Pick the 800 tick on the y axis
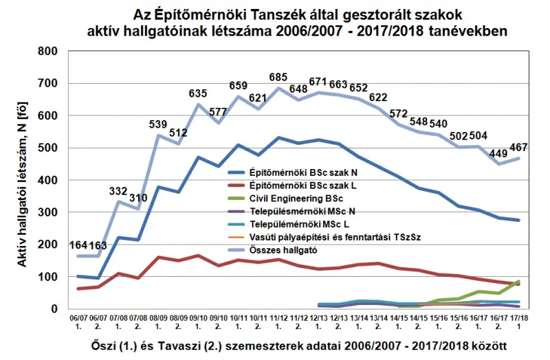click(47, 51)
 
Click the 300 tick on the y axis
click(47, 212)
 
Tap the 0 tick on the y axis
click(52, 309)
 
